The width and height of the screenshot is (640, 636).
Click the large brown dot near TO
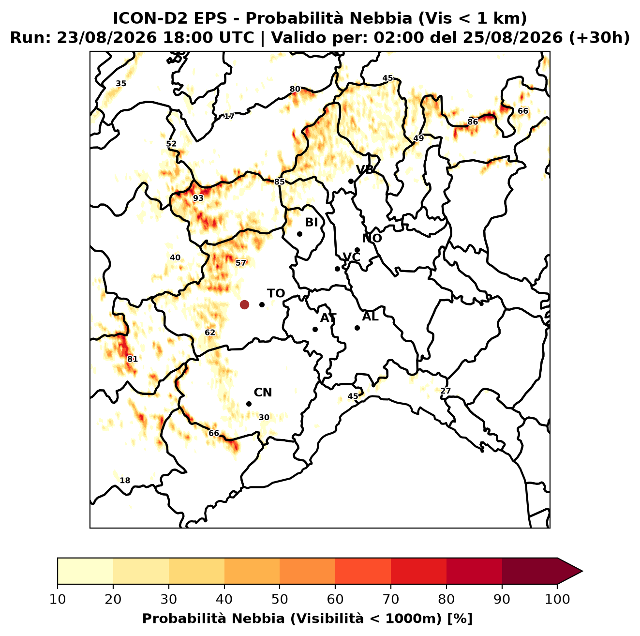244,304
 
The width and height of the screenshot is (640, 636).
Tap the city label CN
263,393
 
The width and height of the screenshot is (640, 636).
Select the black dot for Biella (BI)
299,234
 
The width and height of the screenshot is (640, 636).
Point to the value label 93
198,198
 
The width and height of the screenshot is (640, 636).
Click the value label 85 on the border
279,182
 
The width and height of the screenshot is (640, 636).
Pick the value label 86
473,122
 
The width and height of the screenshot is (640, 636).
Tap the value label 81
132,359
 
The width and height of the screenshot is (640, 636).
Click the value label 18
125,481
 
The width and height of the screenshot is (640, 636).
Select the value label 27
446,391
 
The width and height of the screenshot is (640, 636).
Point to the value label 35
121,83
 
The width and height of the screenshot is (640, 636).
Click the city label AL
370,317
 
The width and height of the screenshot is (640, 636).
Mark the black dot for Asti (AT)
315,330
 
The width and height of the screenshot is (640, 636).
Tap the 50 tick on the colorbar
280,599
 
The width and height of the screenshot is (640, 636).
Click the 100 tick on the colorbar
557,599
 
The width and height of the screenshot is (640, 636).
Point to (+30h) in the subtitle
599,38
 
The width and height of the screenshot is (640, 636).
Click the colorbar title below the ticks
307,619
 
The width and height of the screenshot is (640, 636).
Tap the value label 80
295,89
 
